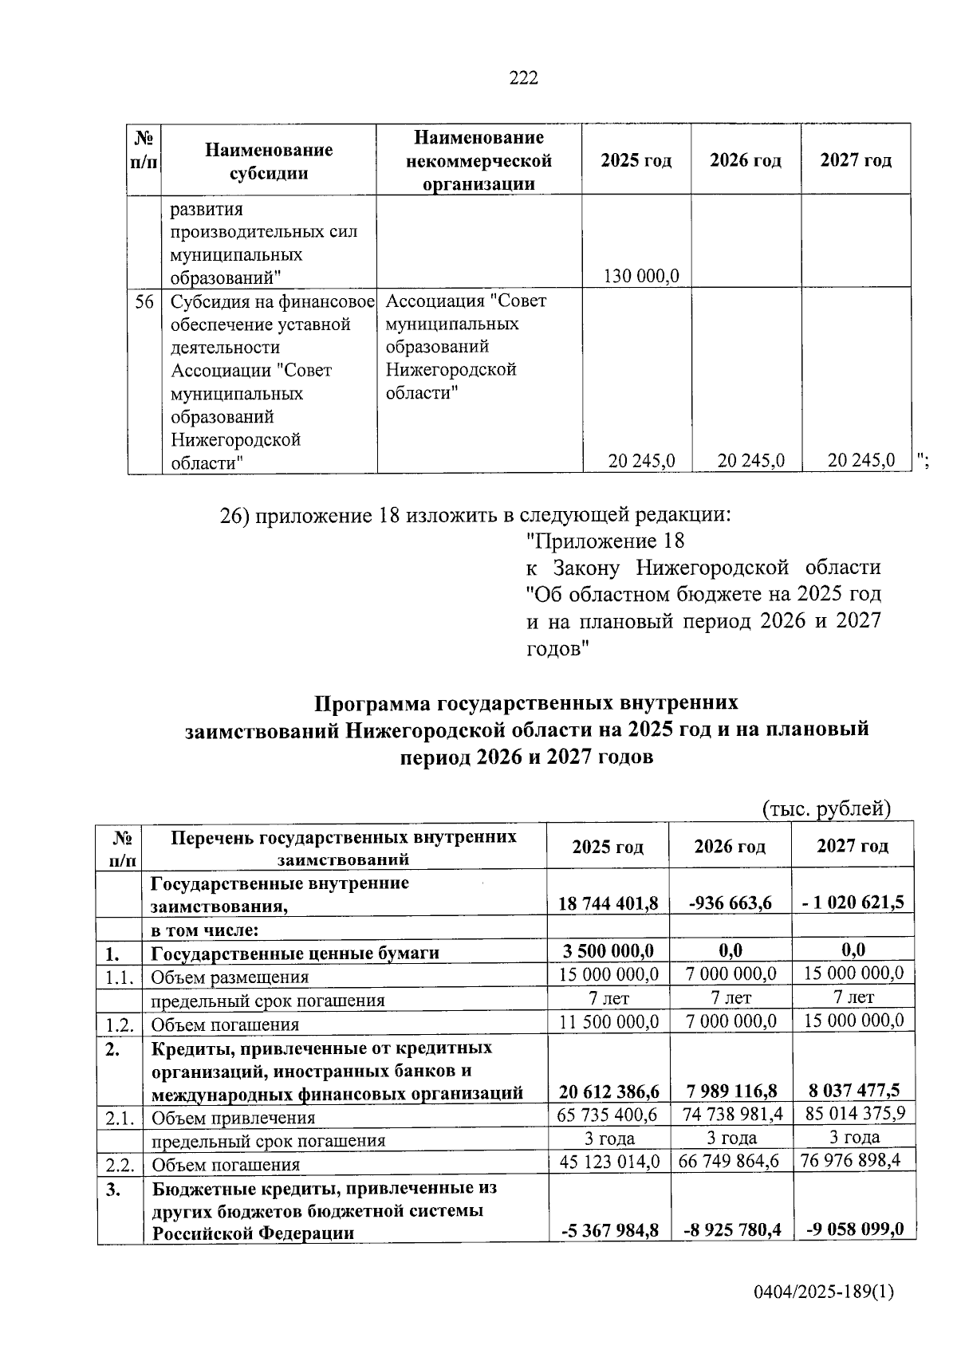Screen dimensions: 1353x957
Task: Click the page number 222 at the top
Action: [524, 78]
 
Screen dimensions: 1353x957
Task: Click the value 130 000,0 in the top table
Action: [641, 277]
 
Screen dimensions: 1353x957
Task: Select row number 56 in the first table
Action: [144, 302]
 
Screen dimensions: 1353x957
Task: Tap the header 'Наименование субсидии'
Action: [269, 161]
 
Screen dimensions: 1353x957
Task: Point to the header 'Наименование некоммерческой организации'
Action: [478, 161]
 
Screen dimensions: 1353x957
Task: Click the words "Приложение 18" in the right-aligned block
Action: [606, 541]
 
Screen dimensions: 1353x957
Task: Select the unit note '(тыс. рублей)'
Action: [825, 809]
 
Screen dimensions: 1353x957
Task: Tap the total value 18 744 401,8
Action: [608, 903]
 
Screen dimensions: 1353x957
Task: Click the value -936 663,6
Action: [730, 903]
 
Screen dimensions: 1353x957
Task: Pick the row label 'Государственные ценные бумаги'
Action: [295, 953]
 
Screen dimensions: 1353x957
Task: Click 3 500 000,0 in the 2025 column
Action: [608, 950]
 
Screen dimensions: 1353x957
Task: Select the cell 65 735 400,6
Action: [608, 1115]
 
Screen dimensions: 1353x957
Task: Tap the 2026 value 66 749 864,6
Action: [730, 1161]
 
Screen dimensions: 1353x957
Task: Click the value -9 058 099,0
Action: [854, 1229]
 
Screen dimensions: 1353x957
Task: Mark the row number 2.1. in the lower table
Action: [119, 1118]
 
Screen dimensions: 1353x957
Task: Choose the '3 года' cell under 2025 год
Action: [608, 1139]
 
